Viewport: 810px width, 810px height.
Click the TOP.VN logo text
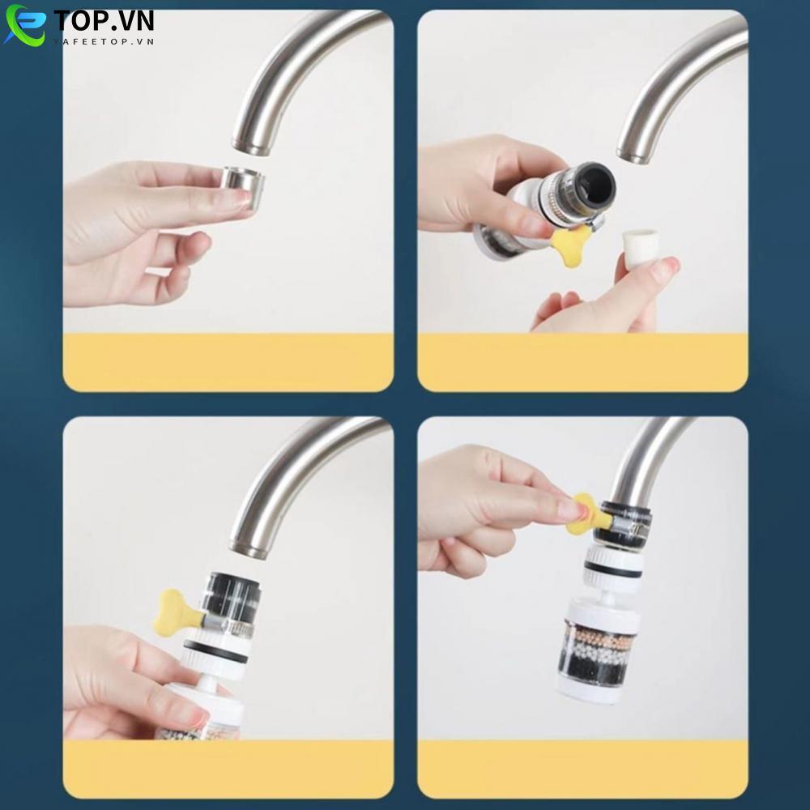104,20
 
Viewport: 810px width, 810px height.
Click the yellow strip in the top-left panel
228,361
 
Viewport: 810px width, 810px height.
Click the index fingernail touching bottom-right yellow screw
573,509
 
